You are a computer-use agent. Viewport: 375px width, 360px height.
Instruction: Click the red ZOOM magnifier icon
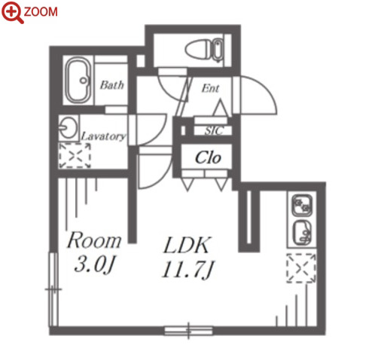[11, 12]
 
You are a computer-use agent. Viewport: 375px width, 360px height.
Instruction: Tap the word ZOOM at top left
[41, 12]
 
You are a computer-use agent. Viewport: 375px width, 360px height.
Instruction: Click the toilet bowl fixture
[204, 50]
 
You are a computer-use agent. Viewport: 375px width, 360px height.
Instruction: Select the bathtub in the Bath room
[78, 81]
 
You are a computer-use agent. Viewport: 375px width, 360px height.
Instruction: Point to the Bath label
[112, 85]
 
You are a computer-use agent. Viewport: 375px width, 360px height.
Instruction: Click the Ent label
[210, 88]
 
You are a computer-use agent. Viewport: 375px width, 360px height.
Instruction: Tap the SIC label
[214, 131]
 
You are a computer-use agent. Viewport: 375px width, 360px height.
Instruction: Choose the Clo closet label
[208, 157]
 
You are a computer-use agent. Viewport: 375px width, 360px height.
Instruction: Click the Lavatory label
[103, 136]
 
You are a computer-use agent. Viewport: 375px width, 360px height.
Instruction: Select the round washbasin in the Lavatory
[69, 127]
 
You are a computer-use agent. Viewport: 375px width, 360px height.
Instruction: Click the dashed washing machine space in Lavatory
[75, 155]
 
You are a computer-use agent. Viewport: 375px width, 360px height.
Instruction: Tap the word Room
[94, 240]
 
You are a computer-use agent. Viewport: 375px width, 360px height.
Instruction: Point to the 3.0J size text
[95, 265]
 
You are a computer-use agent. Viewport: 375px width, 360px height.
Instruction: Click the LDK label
[187, 245]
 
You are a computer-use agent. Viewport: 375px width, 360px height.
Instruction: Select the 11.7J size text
[188, 270]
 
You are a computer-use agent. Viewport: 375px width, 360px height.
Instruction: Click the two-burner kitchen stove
[302, 206]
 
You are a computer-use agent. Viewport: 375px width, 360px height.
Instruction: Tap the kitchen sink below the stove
[302, 233]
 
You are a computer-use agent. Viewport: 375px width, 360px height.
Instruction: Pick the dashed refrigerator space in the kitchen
[301, 268]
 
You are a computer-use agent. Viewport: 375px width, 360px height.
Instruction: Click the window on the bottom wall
[189, 331]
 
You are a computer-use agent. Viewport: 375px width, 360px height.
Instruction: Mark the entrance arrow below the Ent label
[221, 108]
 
